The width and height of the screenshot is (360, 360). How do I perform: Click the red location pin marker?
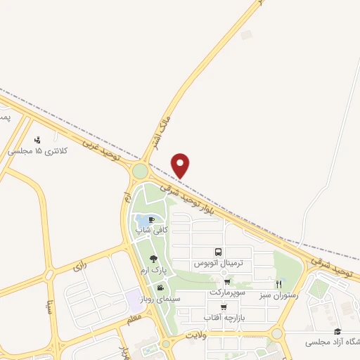(181, 165)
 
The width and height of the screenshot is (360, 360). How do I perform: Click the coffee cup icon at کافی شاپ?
(151, 220)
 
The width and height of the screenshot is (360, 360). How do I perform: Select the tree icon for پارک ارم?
(154, 259)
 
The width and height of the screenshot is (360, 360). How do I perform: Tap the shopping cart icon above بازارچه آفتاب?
(224, 307)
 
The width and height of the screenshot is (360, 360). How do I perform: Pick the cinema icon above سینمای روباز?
(161, 288)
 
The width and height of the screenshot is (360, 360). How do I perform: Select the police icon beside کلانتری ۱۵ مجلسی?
(37, 140)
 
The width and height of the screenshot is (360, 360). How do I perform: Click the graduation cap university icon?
(337, 331)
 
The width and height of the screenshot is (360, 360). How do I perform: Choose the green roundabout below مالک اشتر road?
(140, 171)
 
